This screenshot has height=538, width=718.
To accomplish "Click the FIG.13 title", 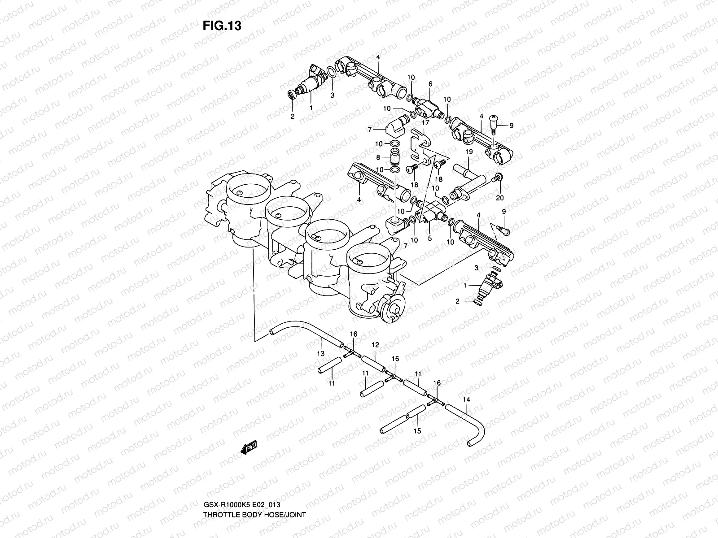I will pyautogui.click(x=222, y=26).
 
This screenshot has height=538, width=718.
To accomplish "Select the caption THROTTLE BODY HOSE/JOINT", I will pyautogui.click(x=254, y=490).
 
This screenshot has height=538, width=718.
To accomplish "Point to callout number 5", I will pyautogui.click(x=429, y=239).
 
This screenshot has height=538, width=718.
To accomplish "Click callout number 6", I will pyautogui.click(x=430, y=84).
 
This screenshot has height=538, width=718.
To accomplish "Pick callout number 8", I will pyautogui.click(x=378, y=157).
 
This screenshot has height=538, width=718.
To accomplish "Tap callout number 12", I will pyautogui.click(x=375, y=345).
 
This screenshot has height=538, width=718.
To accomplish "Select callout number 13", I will pyautogui.click(x=320, y=354).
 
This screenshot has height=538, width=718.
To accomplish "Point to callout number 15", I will pyautogui.click(x=417, y=431).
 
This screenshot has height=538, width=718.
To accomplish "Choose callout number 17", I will pyautogui.click(x=425, y=121).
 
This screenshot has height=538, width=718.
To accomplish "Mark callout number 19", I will pyautogui.click(x=468, y=152).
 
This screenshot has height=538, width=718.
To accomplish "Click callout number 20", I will pyautogui.click(x=500, y=198).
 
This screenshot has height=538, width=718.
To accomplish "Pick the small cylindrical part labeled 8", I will pyautogui.click(x=394, y=157).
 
